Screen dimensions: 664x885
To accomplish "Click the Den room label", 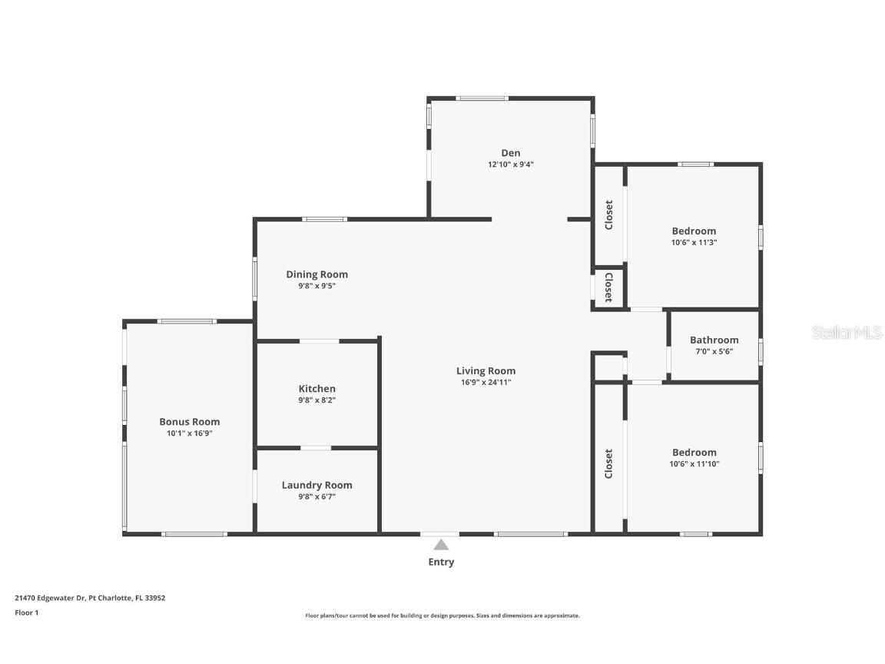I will [x=511, y=153].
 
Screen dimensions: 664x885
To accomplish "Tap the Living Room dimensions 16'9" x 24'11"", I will [x=486, y=382].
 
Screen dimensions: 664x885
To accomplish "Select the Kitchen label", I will [x=317, y=389].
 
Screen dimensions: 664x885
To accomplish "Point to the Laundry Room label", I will [x=317, y=485].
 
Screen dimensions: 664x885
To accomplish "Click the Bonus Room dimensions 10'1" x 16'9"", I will [x=189, y=433].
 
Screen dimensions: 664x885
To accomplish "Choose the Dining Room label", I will [x=317, y=274].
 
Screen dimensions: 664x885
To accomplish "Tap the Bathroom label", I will [x=714, y=340].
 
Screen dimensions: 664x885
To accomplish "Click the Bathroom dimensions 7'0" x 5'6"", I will [x=714, y=351].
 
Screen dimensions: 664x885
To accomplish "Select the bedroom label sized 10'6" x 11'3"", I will [x=694, y=231].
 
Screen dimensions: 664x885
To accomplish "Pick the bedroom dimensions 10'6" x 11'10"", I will [x=694, y=463].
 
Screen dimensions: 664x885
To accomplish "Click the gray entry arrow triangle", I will [x=441, y=545].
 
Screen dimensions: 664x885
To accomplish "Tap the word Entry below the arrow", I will [x=441, y=562].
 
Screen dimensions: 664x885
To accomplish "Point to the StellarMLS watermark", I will [x=847, y=332].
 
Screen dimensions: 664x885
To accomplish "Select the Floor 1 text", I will [x=26, y=613].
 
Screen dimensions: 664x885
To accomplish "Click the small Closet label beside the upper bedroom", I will [x=608, y=287].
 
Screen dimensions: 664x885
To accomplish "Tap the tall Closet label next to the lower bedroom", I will [x=608, y=463].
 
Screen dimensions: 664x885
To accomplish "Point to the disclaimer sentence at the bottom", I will [x=442, y=616].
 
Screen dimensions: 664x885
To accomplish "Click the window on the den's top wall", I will [x=482, y=98].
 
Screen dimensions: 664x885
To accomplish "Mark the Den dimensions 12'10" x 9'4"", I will [x=511, y=164].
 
